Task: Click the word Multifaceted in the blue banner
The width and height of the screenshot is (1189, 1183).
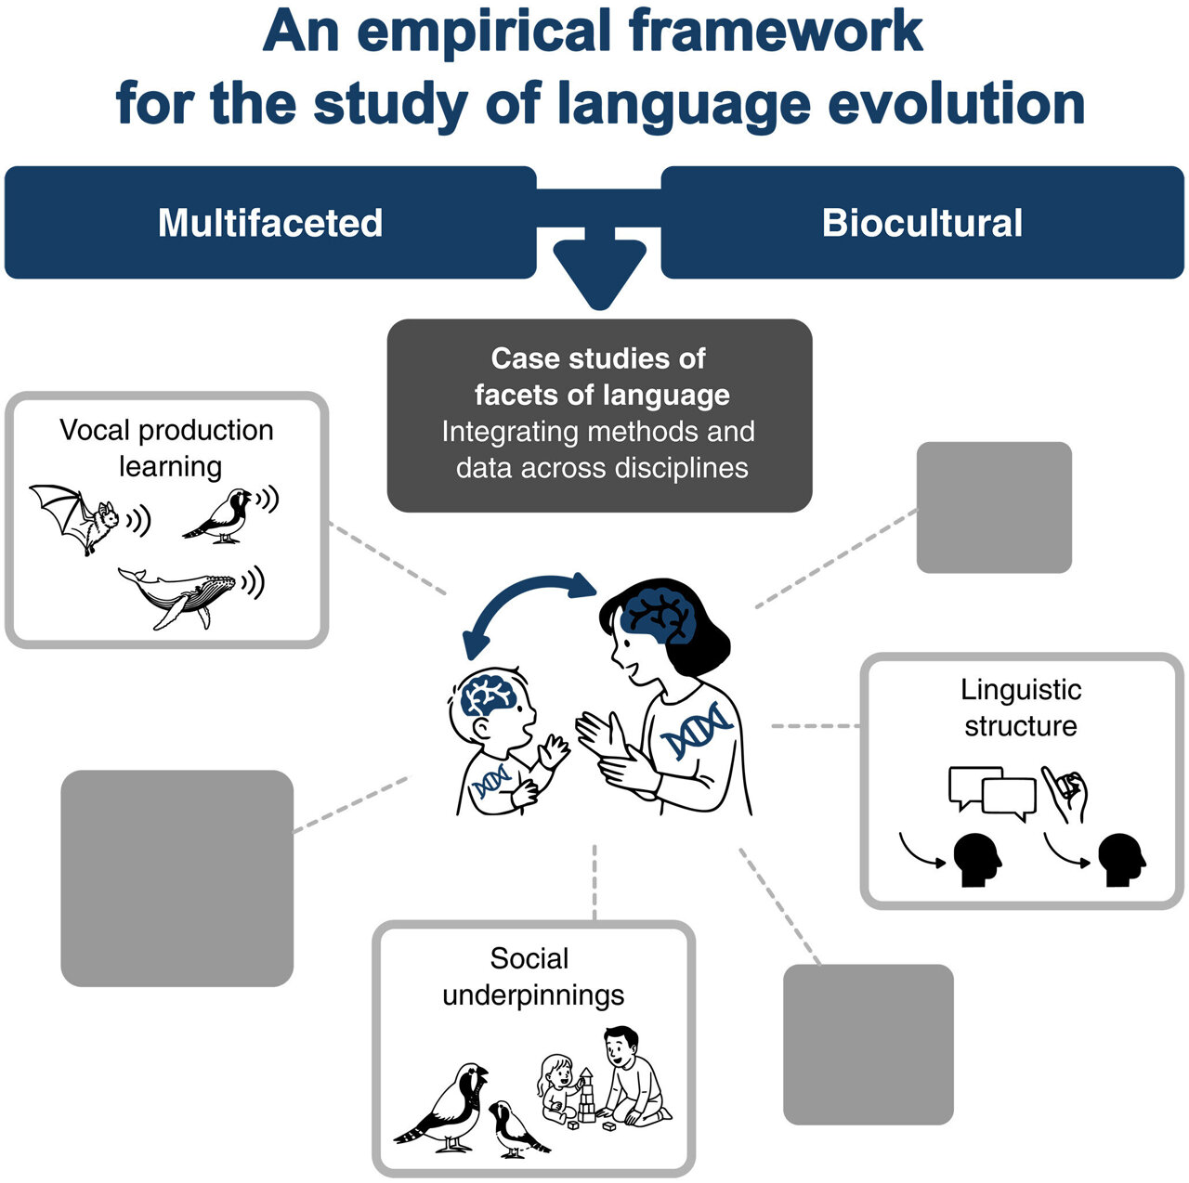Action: (x=270, y=223)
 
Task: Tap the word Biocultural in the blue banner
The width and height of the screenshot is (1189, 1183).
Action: (x=921, y=223)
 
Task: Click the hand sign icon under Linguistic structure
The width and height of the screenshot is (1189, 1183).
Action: (x=1065, y=794)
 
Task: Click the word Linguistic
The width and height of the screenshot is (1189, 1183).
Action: (x=1021, y=690)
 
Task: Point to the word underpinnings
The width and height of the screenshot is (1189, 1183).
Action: (x=533, y=995)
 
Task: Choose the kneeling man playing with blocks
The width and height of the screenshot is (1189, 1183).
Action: (x=634, y=1077)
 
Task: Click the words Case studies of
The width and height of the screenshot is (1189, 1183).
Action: (x=598, y=358)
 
